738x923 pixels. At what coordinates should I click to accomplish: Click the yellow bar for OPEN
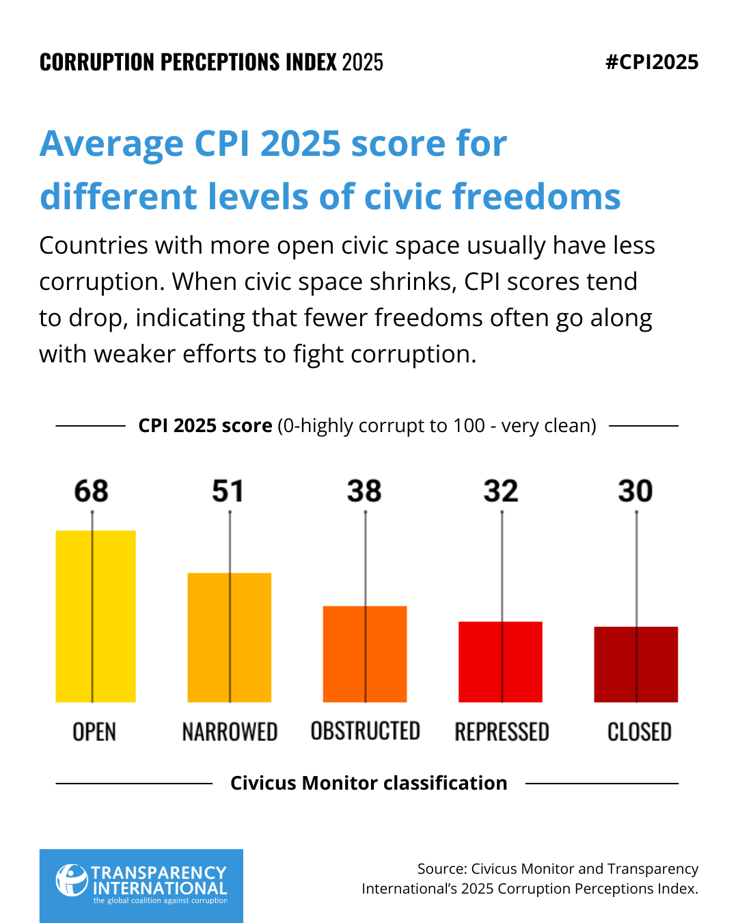(x=96, y=616)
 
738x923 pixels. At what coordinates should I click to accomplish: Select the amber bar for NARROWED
(x=230, y=637)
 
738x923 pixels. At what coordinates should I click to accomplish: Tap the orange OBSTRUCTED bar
(x=365, y=654)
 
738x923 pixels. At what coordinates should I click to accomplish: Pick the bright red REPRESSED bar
(x=500, y=661)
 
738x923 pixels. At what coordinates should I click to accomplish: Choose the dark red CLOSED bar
(x=635, y=664)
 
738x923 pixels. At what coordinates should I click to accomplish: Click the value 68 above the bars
(x=92, y=491)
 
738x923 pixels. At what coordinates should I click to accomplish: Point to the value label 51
(x=228, y=491)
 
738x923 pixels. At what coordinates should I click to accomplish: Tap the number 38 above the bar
(x=364, y=491)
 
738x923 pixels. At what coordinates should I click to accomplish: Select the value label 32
(x=501, y=491)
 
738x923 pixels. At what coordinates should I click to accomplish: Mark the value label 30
(x=635, y=491)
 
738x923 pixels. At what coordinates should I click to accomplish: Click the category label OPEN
(x=94, y=732)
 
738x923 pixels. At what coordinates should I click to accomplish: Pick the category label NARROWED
(x=230, y=732)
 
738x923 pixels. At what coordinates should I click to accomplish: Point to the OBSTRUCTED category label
(x=365, y=731)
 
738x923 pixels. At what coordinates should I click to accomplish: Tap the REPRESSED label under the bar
(x=502, y=732)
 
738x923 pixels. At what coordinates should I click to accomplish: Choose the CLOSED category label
(x=639, y=732)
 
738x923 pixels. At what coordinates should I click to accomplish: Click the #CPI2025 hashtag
(x=652, y=62)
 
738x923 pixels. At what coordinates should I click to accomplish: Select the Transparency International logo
(x=141, y=885)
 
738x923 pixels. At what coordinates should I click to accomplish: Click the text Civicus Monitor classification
(x=368, y=783)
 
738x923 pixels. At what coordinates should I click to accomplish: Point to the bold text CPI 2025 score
(x=205, y=425)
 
